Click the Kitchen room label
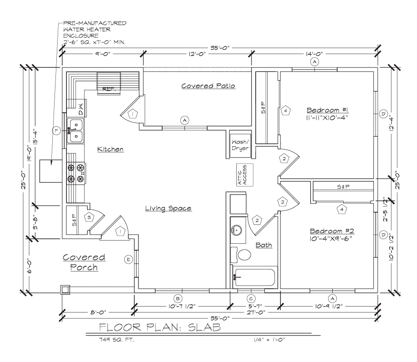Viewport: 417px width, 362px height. pos(110,149)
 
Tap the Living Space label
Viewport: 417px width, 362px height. pos(168,208)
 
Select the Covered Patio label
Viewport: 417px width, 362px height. pos(208,86)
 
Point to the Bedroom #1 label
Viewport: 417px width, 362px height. pos(327,110)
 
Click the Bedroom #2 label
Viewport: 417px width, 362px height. pos(332,231)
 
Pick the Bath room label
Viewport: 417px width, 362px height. pos(264,245)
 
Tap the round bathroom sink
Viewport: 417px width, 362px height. pos(236,229)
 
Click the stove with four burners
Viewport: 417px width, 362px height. pos(76,173)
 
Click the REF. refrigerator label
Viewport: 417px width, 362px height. pos(109,89)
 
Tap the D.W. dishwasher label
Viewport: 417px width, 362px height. pos(81,109)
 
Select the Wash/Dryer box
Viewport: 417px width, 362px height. pos(240,145)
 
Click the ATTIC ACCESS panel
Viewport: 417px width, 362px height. pos(245,175)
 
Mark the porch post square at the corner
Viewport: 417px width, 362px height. pos(65,290)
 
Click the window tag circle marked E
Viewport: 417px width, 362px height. pos(128,259)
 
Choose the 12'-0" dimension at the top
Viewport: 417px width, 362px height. pos(197,54)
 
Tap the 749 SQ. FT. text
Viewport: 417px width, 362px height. pos(116,340)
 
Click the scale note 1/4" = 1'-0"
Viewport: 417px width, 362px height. pos(269,340)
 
